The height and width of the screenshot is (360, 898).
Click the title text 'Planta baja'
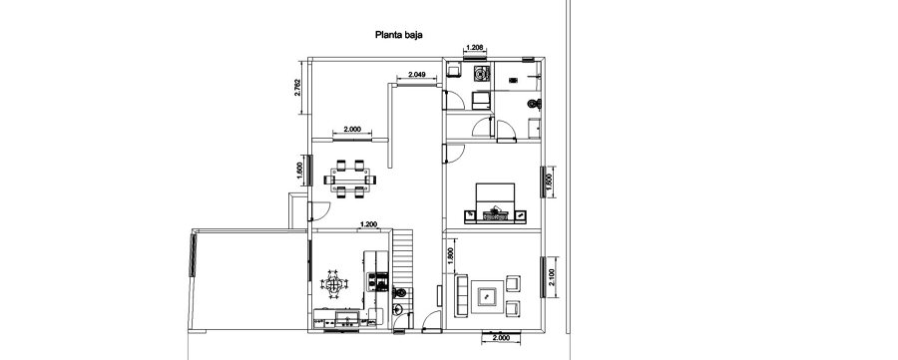pyautogui.click(x=398, y=34)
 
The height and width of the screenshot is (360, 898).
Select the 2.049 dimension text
pyautogui.click(x=411, y=76)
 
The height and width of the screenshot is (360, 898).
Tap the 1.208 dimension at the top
pyautogui.click(x=475, y=48)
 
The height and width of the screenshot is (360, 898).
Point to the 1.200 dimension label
pyautogui.click(x=368, y=224)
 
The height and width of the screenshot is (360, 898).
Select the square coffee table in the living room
pyautogui.click(x=488, y=295)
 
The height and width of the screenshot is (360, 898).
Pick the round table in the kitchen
pyautogui.click(x=334, y=285)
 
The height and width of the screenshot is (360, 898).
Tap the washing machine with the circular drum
pyautogui.click(x=482, y=74)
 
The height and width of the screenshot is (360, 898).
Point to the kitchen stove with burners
pyautogui.click(x=377, y=282)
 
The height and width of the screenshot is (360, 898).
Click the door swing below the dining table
pyautogui.click(x=320, y=208)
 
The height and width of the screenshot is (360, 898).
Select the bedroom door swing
pyautogui.click(x=454, y=151)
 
